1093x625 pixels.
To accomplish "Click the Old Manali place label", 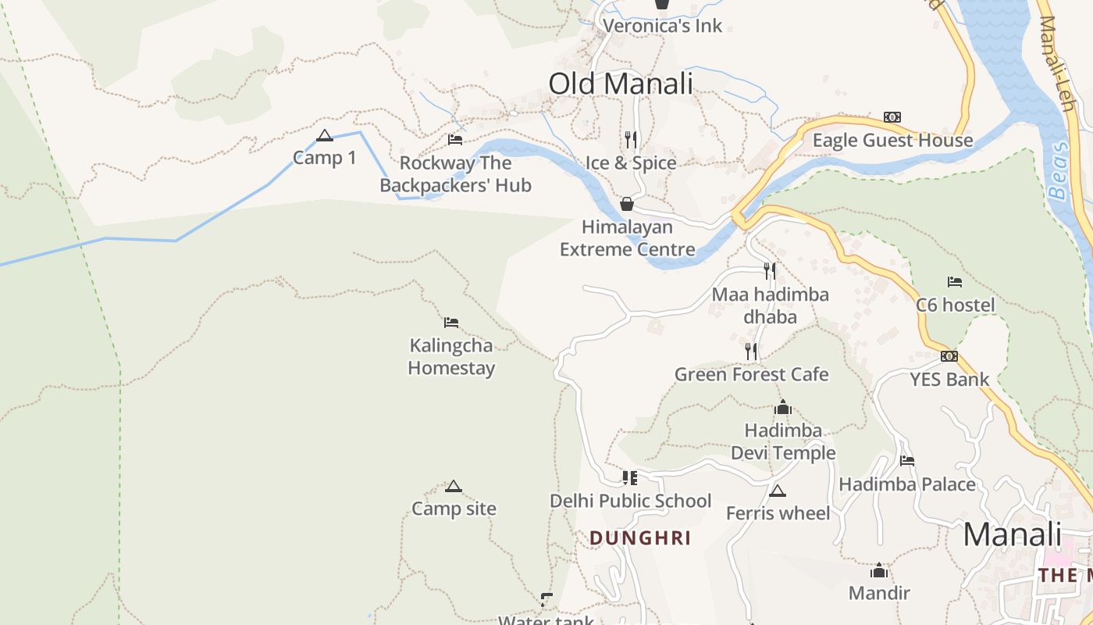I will click(x=621, y=84).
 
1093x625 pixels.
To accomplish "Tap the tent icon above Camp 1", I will click(x=325, y=136).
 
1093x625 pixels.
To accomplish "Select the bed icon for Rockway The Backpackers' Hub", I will click(x=455, y=140).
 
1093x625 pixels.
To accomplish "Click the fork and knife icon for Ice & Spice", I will click(x=631, y=140).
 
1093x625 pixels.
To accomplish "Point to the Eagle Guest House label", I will click(x=892, y=141).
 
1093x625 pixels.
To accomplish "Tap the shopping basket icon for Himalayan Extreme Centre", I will click(x=626, y=205).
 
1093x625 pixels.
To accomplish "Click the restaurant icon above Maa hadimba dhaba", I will click(x=770, y=271).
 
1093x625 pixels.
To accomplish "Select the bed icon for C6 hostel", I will click(x=955, y=282).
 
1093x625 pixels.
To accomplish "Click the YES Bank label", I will click(x=949, y=380).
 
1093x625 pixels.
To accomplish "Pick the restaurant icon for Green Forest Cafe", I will click(x=751, y=352).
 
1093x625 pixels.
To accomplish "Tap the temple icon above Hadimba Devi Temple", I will click(x=783, y=407).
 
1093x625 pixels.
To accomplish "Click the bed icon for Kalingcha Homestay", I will click(x=451, y=323).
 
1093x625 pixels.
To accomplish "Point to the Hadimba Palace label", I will click(x=907, y=484).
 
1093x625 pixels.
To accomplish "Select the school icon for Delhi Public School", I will click(x=630, y=477).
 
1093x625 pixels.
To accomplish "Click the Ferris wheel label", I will click(x=778, y=513).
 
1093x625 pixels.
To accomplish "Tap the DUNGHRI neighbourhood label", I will click(x=640, y=538).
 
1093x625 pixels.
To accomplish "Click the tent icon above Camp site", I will click(x=454, y=487).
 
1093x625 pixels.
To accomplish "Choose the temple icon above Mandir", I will click(x=879, y=570).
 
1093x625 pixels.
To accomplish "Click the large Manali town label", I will click(x=1012, y=535).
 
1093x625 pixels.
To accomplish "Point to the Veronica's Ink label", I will click(x=662, y=26).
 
